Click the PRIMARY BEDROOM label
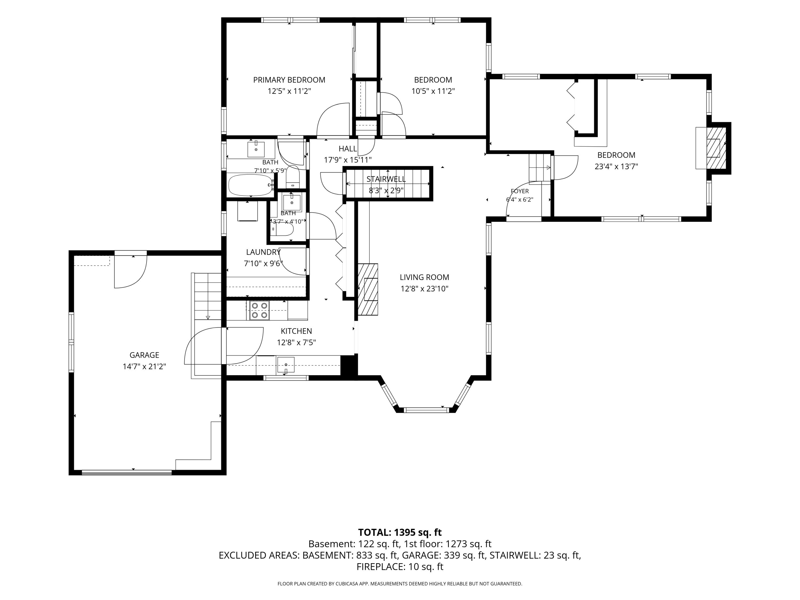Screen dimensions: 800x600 tap(289, 80)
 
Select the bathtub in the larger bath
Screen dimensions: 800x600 tap(251, 185)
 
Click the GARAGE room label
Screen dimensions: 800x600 tap(144, 355)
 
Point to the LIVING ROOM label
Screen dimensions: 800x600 tap(424, 277)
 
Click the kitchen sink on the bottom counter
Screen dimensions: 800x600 tap(286, 365)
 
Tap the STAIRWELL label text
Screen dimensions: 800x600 tap(386, 179)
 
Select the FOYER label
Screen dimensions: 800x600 tap(520, 191)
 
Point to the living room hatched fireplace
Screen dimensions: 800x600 tap(368, 289)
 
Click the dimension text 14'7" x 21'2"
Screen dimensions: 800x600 tap(144, 366)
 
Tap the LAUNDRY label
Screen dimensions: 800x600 tap(263, 252)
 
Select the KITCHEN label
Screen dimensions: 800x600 tap(296, 331)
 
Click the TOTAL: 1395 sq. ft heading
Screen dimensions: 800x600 tap(400, 532)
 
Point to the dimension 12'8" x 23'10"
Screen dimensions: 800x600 tap(424, 289)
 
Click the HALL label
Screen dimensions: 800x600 tap(348, 149)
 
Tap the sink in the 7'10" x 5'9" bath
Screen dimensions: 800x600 tap(256, 149)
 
